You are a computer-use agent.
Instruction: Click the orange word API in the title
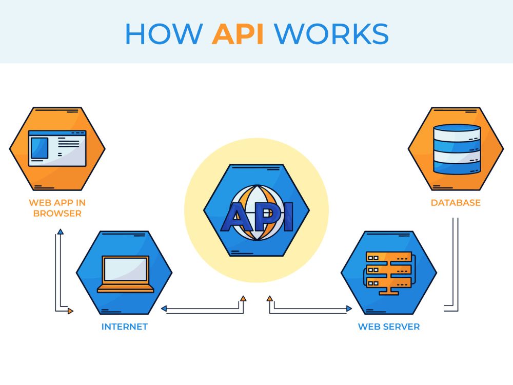(238, 34)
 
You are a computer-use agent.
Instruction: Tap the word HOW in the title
(164, 34)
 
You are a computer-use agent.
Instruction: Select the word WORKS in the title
(331, 34)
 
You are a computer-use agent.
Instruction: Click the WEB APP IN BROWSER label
(57, 208)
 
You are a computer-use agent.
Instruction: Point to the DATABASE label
(456, 203)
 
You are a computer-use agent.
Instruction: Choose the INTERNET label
(124, 326)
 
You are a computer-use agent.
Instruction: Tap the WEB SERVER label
(389, 326)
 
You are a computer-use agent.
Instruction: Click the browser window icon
(57, 148)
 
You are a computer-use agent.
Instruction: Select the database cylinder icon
(457, 149)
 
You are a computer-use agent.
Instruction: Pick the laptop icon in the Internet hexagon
(126, 274)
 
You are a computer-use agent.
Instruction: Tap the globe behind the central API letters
(257, 213)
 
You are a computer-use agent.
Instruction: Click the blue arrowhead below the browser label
(60, 232)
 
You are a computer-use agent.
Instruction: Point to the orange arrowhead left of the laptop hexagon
(70, 311)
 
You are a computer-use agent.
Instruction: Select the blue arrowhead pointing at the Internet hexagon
(164, 309)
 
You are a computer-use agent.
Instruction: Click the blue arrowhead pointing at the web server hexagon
(349, 309)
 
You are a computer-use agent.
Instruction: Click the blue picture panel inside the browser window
(40, 148)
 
